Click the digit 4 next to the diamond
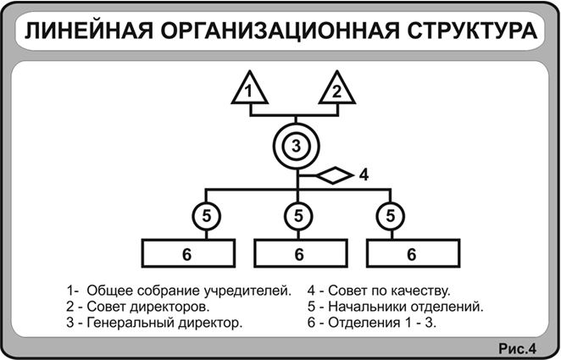364,174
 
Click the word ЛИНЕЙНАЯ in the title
88,31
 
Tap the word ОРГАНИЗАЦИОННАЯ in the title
280,31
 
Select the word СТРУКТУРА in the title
472,31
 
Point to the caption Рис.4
518,348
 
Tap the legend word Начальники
368,307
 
